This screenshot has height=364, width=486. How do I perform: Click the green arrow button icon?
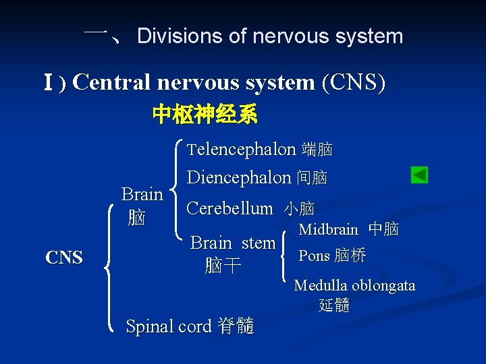coord(419,175)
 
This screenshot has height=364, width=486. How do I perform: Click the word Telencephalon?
coord(242,149)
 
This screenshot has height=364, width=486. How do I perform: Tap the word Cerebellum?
coord(230,209)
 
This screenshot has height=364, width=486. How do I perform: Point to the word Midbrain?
coord(329,229)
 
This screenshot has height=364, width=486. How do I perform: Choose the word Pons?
coord(314,255)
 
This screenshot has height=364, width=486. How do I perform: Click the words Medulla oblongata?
coord(354,286)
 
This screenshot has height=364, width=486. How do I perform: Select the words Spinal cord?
coord(169,326)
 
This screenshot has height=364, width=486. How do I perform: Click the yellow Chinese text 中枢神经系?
coord(205,115)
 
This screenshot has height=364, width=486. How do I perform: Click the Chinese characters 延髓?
coord(334,305)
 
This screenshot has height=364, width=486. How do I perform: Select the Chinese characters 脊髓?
coord(236,326)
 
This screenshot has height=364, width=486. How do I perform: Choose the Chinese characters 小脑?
coord(299,210)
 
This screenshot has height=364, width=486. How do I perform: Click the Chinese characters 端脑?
coord(317,149)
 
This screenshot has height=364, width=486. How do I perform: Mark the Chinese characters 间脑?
coord(312,178)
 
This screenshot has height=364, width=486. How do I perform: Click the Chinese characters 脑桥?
coord(350,255)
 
